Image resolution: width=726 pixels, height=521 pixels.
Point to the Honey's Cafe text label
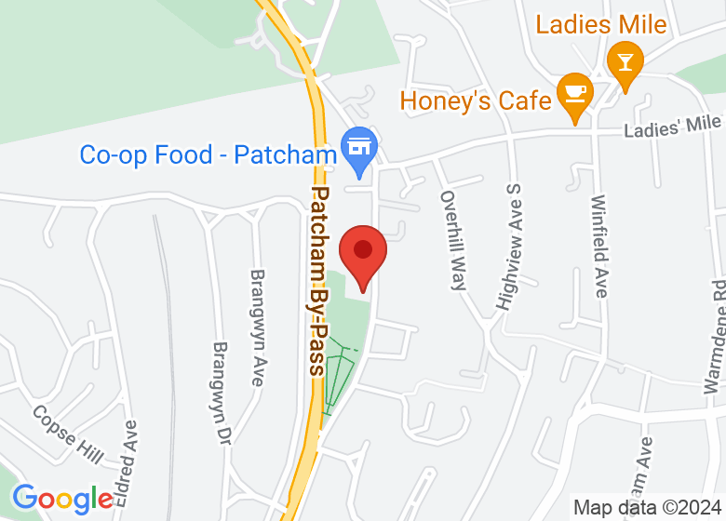476,100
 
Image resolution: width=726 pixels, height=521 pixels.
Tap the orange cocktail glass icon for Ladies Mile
625,63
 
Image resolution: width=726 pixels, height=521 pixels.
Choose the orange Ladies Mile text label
601,25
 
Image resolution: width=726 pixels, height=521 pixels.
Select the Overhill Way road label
453,241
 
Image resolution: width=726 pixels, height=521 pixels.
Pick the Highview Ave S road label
509,247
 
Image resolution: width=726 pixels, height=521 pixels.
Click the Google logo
62,499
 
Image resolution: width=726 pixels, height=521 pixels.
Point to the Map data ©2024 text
648,508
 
